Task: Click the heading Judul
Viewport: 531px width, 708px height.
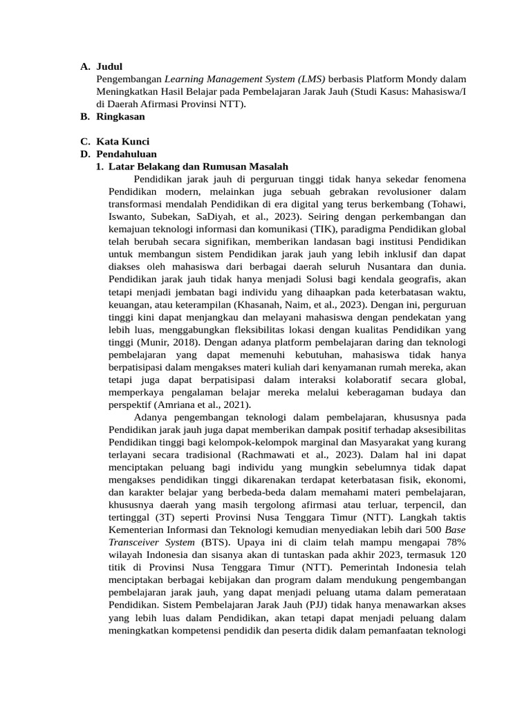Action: pyautogui.click(x=109, y=67)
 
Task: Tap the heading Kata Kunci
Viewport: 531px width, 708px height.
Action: pyautogui.click(x=122, y=142)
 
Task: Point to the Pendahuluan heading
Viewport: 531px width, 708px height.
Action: pyautogui.click(x=127, y=154)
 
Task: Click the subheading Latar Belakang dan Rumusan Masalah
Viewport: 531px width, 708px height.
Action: pyautogui.click(x=198, y=167)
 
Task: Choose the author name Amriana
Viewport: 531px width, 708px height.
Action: pyautogui.click(x=178, y=404)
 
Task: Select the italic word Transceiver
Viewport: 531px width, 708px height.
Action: pyautogui.click(x=138, y=541)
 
